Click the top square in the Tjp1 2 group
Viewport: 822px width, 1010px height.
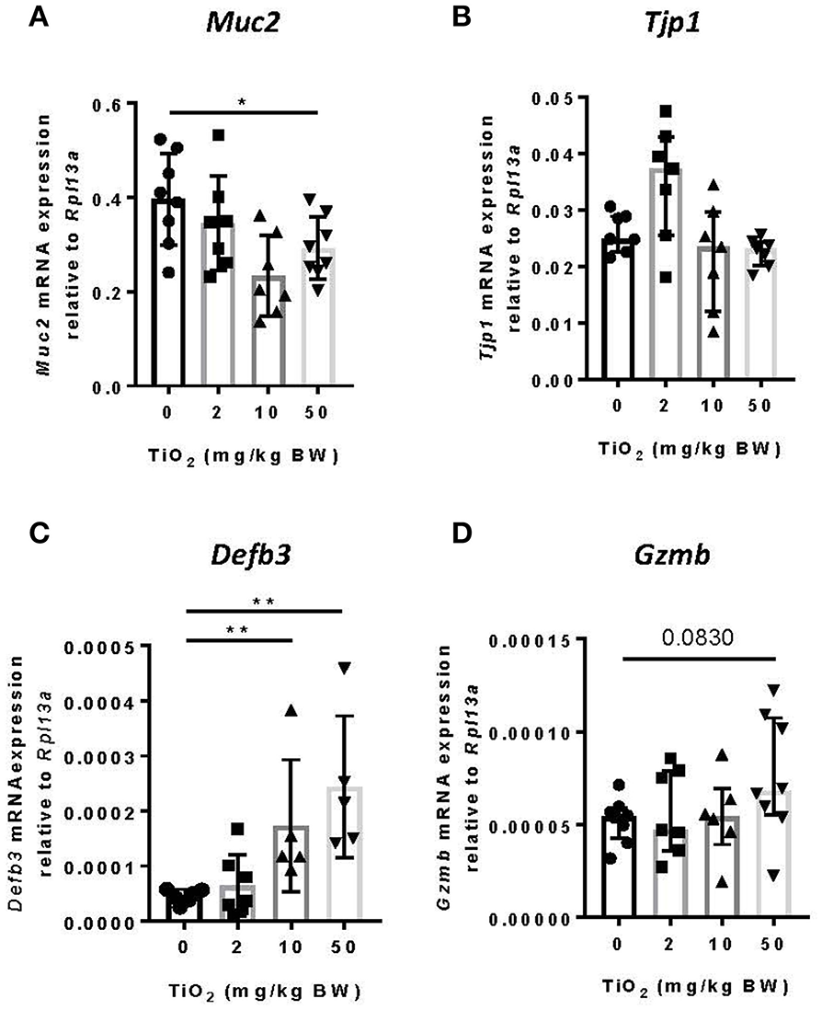pyautogui.click(x=667, y=111)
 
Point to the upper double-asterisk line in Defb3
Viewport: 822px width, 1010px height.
pyautogui.click(x=265, y=611)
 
